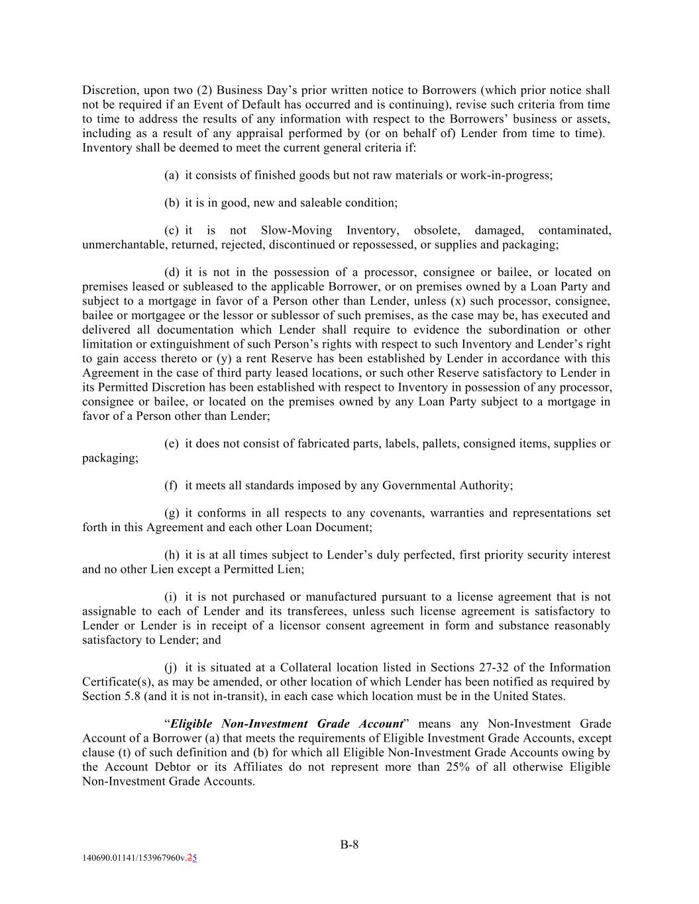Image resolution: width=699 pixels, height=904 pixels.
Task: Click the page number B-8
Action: tap(349, 844)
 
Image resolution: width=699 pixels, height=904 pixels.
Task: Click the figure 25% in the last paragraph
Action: tap(473, 767)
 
